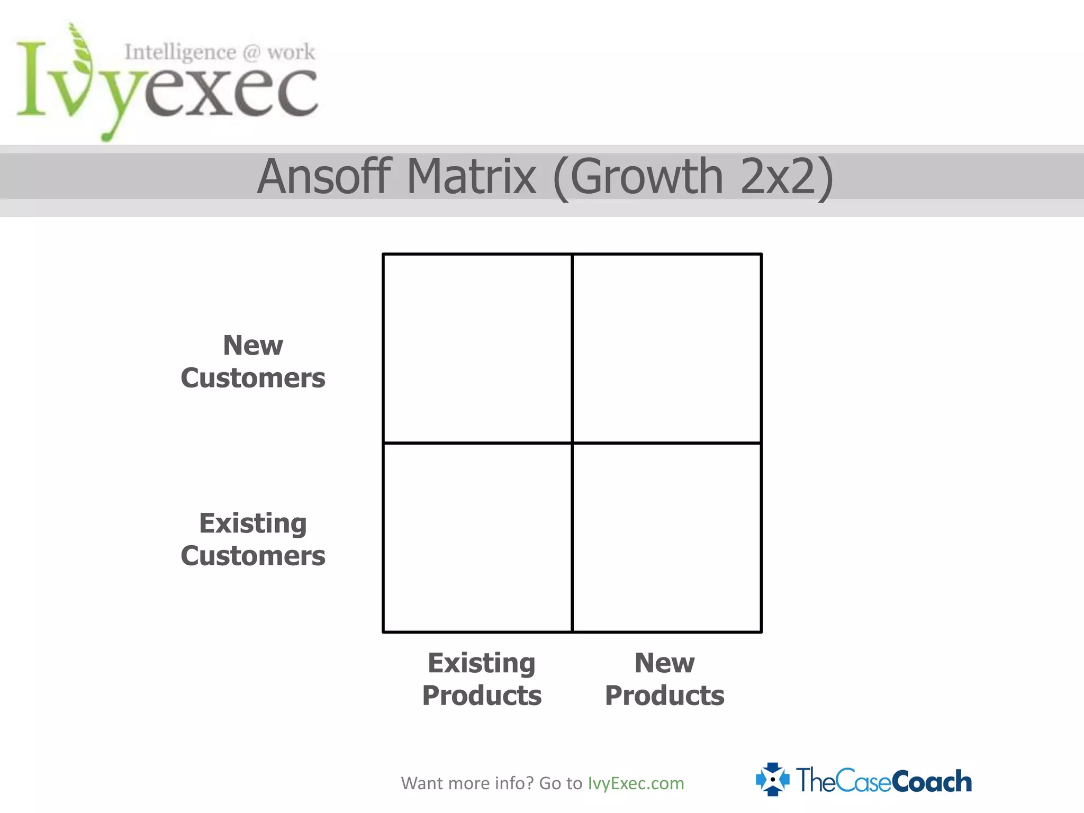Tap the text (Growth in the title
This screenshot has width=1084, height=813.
point(638,177)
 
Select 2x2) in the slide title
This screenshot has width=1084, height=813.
point(787,177)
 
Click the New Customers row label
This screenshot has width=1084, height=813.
point(253,362)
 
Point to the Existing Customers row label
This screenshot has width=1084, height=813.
point(253,539)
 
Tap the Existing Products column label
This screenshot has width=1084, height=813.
point(482,679)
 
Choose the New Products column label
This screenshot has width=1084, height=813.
point(664,679)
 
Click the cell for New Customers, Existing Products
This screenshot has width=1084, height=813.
point(477,348)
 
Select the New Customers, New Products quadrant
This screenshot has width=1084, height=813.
point(667,348)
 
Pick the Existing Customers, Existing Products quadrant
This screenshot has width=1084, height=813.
point(477,538)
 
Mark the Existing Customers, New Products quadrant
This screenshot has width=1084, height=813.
point(667,538)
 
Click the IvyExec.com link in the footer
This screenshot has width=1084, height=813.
point(636,783)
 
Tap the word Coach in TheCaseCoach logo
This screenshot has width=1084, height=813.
point(932,781)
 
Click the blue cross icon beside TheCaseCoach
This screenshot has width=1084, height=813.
point(773,779)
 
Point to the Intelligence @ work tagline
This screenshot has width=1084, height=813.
point(220,52)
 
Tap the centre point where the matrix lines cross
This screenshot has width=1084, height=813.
point(572,443)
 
